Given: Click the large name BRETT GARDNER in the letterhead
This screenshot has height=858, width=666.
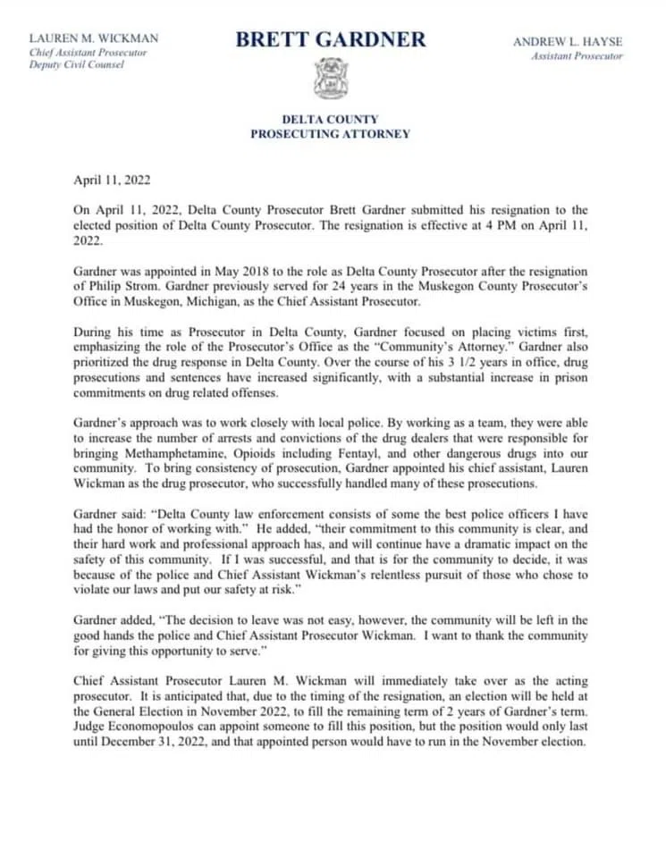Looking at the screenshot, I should pyautogui.click(x=331, y=40).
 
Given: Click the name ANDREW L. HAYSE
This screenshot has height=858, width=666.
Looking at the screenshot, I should pyautogui.click(x=568, y=42).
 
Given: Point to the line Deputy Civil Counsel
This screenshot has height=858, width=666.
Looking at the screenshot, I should pyautogui.click(x=77, y=66).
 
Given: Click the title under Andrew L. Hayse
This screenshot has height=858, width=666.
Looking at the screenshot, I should pyautogui.click(x=577, y=56).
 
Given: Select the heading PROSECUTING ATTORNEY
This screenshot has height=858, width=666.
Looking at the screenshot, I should pyautogui.click(x=331, y=134).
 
